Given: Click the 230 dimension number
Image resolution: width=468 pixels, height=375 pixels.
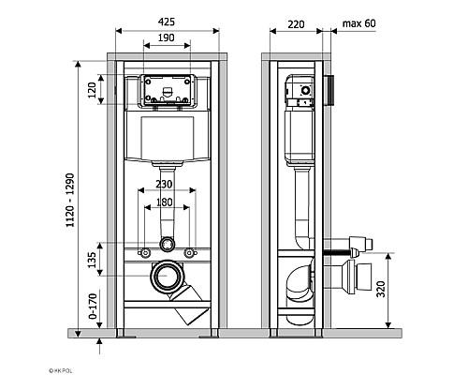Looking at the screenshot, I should pos(167,186).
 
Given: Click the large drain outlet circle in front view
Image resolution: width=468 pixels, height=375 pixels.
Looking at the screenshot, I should pos(167,277).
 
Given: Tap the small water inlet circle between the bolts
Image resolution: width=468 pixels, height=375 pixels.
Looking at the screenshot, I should pos(167,245).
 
